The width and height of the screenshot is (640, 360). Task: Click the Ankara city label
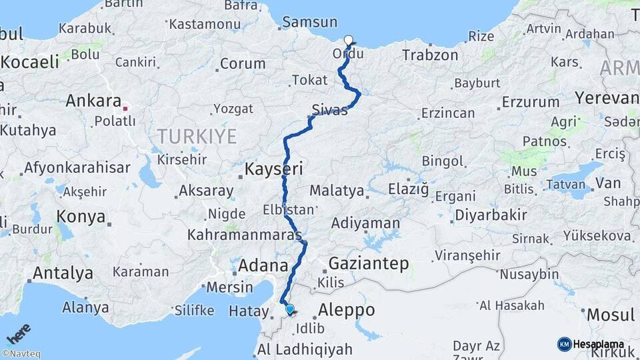(x=93, y=102)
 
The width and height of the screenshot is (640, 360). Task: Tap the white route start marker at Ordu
(x=348, y=39)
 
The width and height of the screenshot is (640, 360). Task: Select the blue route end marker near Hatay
(x=289, y=309)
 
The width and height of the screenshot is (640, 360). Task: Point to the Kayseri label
(x=274, y=169)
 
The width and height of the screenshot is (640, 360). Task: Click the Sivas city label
(x=329, y=110)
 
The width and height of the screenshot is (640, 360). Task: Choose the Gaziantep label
(x=369, y=263)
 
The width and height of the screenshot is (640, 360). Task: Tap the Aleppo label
(x=346, y=310)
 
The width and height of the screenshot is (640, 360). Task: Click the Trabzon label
(x=431, y=55)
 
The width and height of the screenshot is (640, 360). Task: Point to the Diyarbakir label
(x=490, y=215)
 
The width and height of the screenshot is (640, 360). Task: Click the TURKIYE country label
(x=197, y=137)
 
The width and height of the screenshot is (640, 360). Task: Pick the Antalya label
(x=63, y=273)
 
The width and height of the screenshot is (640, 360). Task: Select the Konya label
(x=81, y=217)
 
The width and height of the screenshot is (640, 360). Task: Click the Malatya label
(x=337, y=191)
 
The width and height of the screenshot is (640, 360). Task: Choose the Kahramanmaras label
(x=245, y=235)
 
